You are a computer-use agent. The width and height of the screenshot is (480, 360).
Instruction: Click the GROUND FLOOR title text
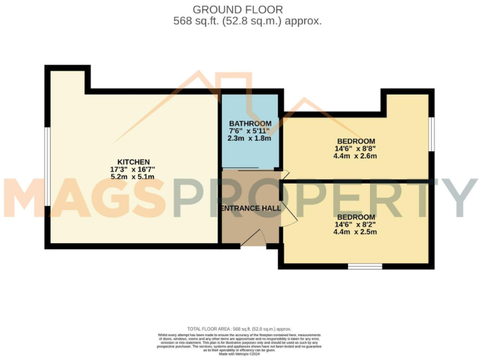(x=237, y=9)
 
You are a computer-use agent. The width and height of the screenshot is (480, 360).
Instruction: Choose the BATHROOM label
(x=250, y=123)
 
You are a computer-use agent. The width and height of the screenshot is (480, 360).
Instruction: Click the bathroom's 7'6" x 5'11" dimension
(x=250, y=131)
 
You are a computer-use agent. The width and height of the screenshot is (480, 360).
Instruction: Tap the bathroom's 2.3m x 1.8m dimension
(x=250, y=138)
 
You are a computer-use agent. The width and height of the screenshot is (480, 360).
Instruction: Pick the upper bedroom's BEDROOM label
(x=356, y=141)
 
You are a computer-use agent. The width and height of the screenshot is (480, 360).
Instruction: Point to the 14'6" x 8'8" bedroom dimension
(x=356, y=149)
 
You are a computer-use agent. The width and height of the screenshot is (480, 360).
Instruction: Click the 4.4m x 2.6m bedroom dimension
(x=356, y=156)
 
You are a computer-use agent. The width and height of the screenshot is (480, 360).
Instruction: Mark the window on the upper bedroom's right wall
(x=432, y=134)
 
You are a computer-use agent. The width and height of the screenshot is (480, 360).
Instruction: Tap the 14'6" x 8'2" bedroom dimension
(x=356, y=224)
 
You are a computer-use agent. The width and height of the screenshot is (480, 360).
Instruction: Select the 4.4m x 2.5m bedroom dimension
(x=356, y=232)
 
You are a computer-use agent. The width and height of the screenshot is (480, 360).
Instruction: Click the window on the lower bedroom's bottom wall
(x=365, y=267)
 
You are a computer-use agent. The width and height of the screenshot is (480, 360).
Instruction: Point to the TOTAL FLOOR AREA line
(x=239, y=329)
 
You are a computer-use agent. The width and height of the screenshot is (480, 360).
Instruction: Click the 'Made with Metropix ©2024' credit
(x=239, y=354)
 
